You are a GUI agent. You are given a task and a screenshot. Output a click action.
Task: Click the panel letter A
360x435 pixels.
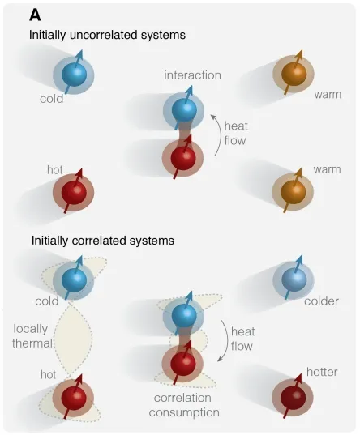(x=36, y=15)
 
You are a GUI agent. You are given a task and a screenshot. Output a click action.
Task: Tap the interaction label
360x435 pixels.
(x=192, y=75)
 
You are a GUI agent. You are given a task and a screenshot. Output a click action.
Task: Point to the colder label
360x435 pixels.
(x=321, y=301)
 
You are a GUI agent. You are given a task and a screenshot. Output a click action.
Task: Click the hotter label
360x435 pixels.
(x=322, y=372)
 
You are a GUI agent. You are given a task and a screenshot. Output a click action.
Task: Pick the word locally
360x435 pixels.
(x=31, y=330)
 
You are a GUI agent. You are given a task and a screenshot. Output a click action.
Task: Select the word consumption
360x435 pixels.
(x=184, y=412)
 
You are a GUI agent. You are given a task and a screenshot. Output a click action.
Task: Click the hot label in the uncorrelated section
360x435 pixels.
(x=54, y=170)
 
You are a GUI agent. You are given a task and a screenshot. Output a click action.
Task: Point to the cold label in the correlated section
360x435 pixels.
(x=47, y=301)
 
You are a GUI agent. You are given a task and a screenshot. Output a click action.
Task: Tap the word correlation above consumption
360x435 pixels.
(x=182, y=398)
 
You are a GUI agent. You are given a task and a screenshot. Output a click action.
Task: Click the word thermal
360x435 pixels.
(x=32, y=343)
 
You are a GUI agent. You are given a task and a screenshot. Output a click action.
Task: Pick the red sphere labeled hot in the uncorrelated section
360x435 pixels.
(x=74, y=192)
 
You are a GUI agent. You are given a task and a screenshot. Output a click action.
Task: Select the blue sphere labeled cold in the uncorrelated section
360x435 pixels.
(x=74, y=75)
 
